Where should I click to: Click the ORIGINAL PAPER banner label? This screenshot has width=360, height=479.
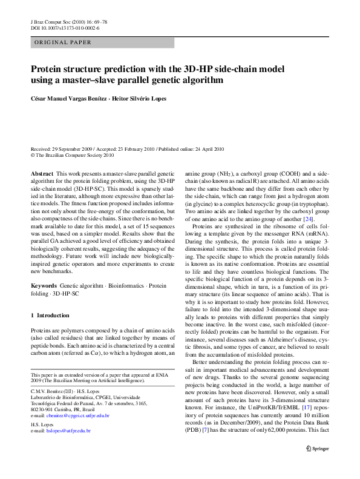[x=64, y=43]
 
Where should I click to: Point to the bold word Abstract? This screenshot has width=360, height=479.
[x=42, y=173]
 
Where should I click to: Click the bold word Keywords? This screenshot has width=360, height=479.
[x=44, y=284]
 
